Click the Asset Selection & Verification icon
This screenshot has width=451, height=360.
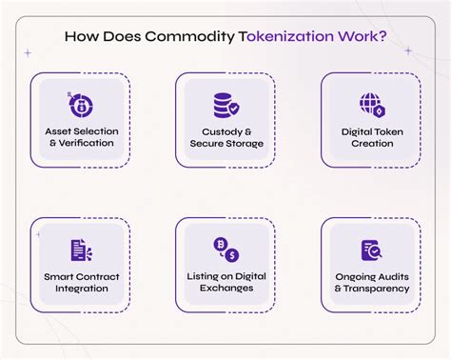pyautogui.click(x=79, y=102)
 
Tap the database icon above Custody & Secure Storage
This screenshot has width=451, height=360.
pyautogui.click(x=225, y=103)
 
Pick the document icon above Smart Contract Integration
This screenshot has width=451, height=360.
pyautogui.click(x=79, y=249)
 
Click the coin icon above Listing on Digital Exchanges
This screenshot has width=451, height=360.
pyautogui.click(x=225, y=249)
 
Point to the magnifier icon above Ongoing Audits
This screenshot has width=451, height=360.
pyautogui.click(x=371, y=249)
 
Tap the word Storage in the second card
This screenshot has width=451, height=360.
pyautogui.click(x=243, y=144)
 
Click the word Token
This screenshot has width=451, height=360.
pyautogui.click(x=389, y=130)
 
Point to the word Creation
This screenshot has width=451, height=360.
pyautogui.click(x=371, y=144)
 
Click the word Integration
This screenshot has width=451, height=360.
pyautogui.click(x=79, y=289)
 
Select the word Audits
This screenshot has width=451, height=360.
pyautogui.click(x=393, y=275)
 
